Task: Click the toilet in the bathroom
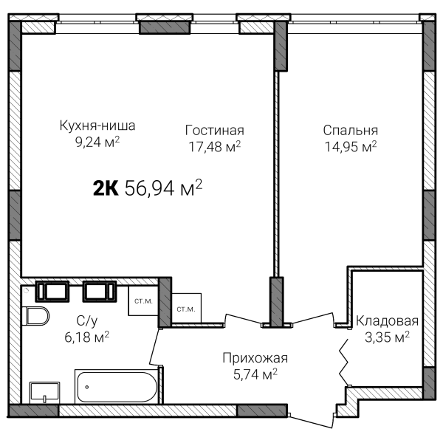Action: pos(35,316)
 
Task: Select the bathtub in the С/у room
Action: pos(117,386)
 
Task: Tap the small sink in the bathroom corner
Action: pos(44,393)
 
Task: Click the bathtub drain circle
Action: pos(87,387)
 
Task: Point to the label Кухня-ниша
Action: pos(97,126)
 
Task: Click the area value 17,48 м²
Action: pos(215,146)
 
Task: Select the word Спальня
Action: pos(350,131)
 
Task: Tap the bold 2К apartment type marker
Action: pos(106,188)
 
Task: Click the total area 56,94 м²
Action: pos(164,188)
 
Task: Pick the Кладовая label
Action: pos(387,321)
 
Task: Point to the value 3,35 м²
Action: pos(387,337)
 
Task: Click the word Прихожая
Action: pos(255,358)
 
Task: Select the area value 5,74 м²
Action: pos(255,374)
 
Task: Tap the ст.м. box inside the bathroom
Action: pos(143,301)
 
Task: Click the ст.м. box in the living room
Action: pos(187,308)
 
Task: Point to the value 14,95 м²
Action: pos(351,146)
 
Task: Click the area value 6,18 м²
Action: pos(86,337)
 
